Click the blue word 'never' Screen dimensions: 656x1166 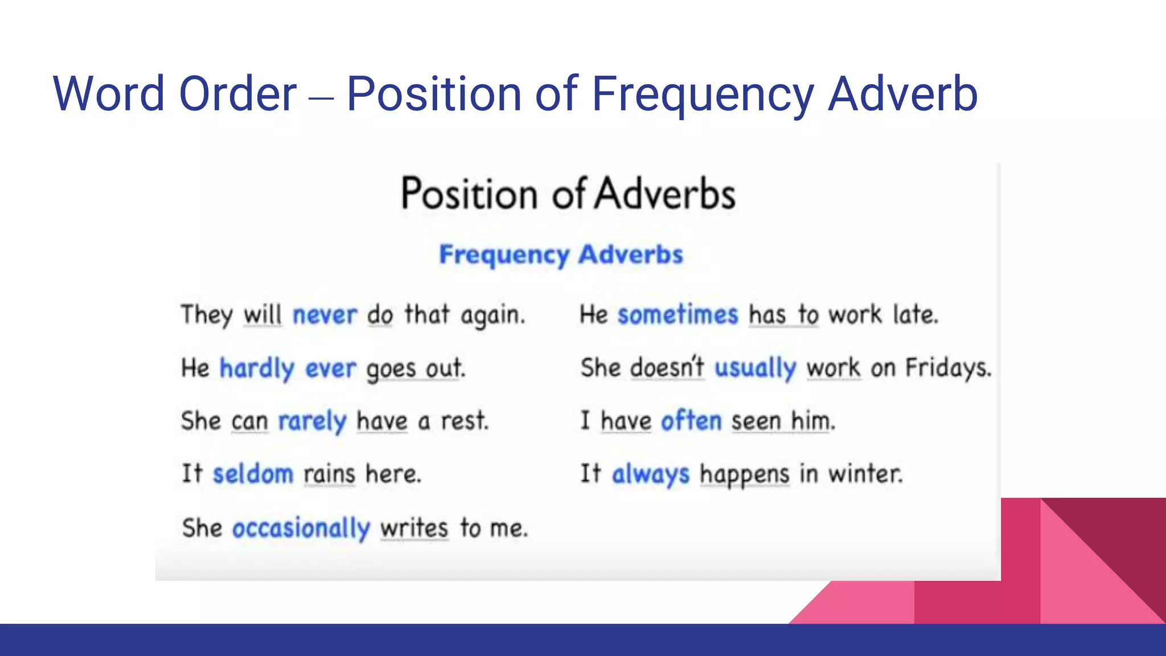tap(325, 315)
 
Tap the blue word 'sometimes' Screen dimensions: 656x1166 tap(678, 315)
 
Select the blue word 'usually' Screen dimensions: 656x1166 tap(755, 368)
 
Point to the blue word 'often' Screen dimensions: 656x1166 tap(691, 421)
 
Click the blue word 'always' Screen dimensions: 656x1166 tap(650, 474)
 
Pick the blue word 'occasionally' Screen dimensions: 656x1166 tap(301, 528)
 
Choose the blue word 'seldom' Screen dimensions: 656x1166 tap(253, 474)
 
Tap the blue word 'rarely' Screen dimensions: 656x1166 tap(311, 422)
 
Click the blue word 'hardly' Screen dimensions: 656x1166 tap(257, 368)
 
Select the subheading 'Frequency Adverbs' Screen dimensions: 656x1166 tap(561, 255)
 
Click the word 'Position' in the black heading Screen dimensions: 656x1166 tap(469, 194)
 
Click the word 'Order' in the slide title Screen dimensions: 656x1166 tap(237, 94)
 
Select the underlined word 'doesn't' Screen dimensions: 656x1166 tap(667, 368)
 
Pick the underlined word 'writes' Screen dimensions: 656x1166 tap(414, 528)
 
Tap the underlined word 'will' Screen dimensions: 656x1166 tap(262, 315)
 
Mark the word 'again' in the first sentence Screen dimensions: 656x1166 tap(492, 315)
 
